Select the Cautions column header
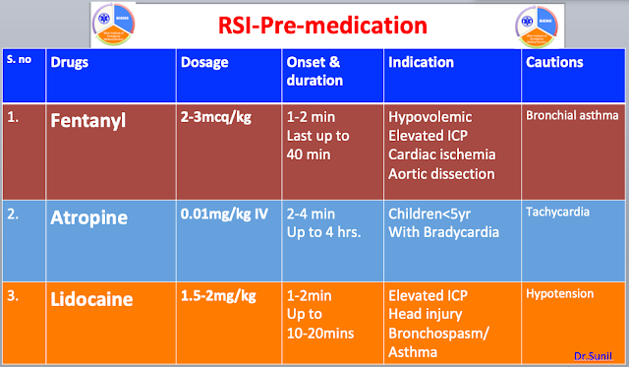point(554,62)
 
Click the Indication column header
point(422,62)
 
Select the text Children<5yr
point(433,213)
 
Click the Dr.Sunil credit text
point(593,353)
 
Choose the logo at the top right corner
point(539,23)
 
